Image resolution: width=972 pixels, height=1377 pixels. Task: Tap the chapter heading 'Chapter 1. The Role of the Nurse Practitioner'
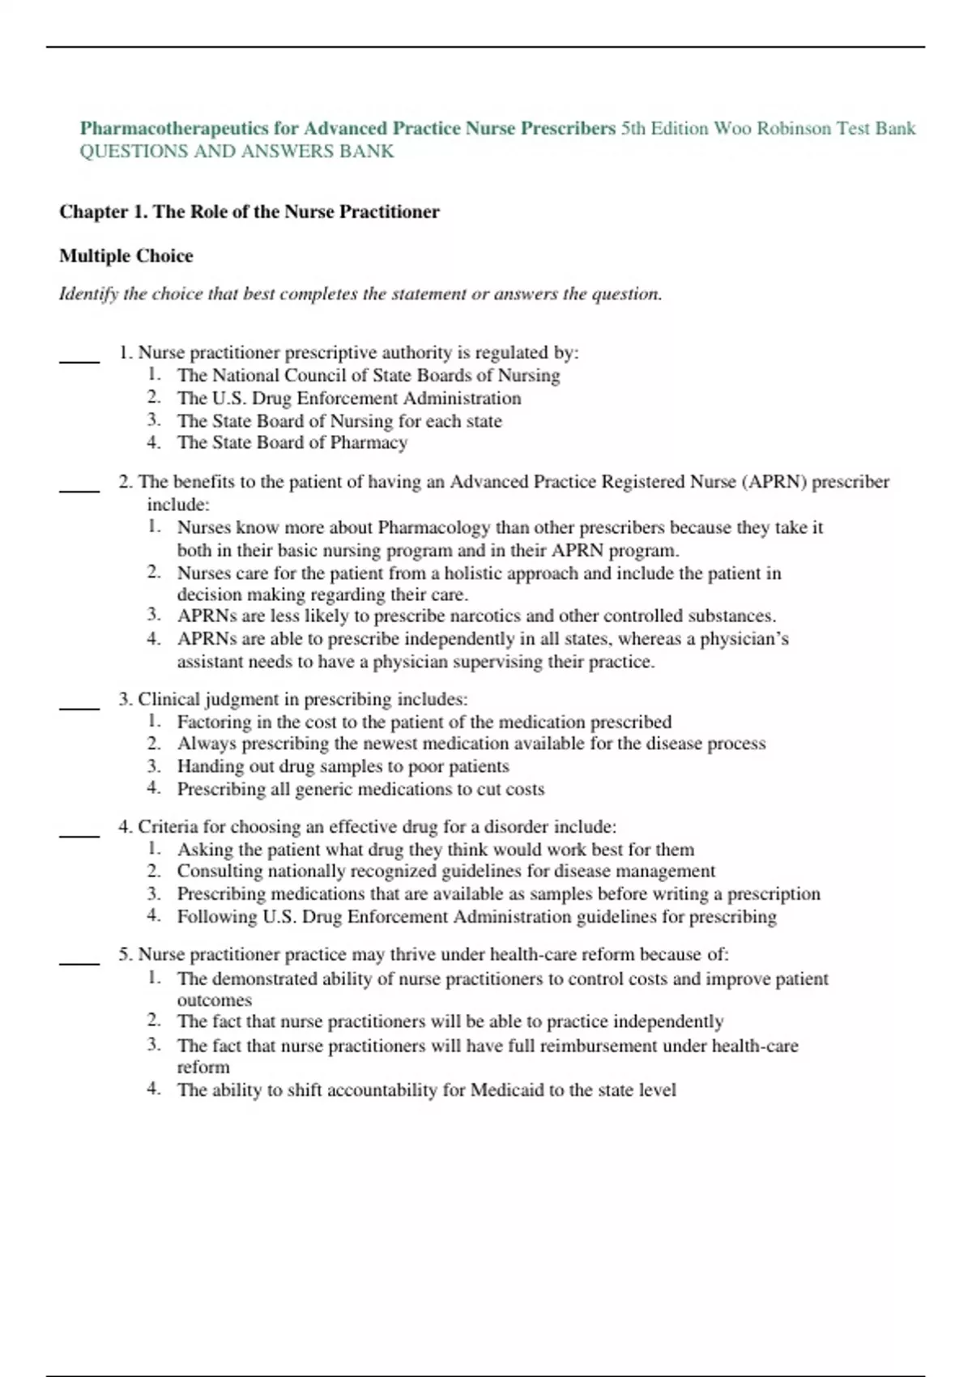[x=249, y=212]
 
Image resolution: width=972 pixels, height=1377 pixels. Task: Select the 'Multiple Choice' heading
[x=126, y=256]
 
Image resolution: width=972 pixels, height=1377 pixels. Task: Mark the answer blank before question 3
[x=79, y=707]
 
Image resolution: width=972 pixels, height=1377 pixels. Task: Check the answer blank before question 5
[x=79, y=962]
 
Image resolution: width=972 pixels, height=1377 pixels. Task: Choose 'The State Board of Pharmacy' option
[x=292, y=443]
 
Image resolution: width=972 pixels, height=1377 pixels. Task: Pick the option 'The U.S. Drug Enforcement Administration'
[x=348, y=399]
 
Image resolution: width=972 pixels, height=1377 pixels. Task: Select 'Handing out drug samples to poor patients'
[x=343, y=766]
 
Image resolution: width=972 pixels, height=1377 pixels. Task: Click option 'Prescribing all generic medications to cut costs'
[x=360, y=789]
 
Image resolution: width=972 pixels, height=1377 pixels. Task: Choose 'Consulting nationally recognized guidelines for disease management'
[x=446, y=872]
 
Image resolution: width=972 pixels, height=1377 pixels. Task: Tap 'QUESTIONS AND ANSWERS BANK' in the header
[x=237, y=151]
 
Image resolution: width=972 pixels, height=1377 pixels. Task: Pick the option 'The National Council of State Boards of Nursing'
[x=368, y=376]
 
